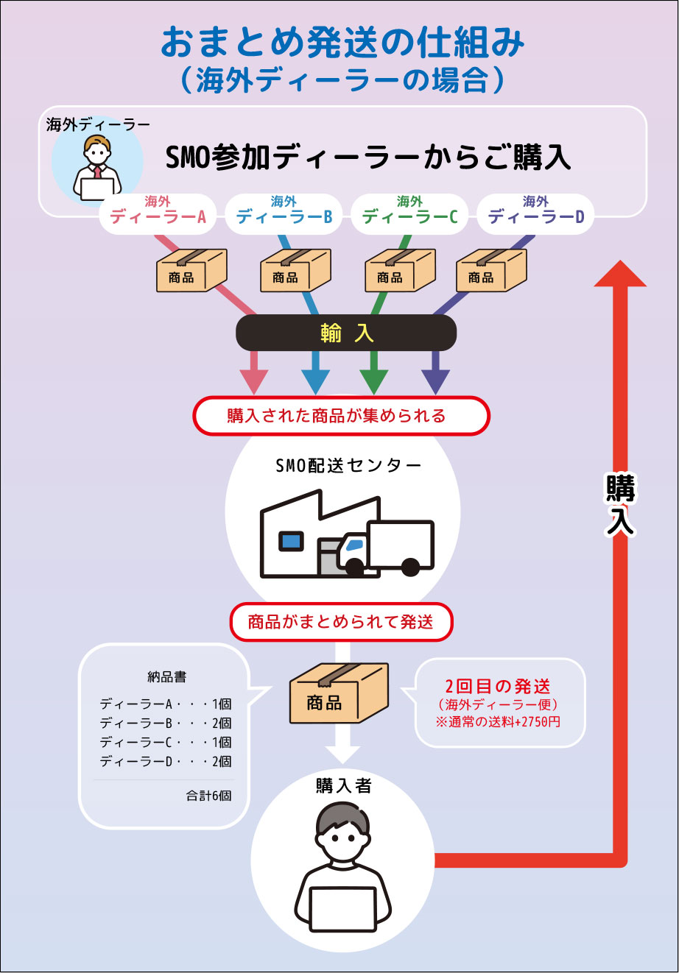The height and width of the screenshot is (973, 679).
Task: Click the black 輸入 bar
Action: (346, 333)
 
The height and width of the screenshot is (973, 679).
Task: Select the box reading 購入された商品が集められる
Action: (341, 416)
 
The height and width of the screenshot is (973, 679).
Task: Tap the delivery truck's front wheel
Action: (354, 566)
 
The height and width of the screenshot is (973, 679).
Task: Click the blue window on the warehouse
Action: (290, 542)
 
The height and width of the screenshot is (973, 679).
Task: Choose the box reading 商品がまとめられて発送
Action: (341, 622)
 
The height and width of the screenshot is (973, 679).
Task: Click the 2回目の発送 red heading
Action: (498, 687)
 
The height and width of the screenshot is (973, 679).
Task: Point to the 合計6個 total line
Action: (209, 796)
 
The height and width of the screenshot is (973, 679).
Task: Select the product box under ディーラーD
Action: (491, 270)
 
